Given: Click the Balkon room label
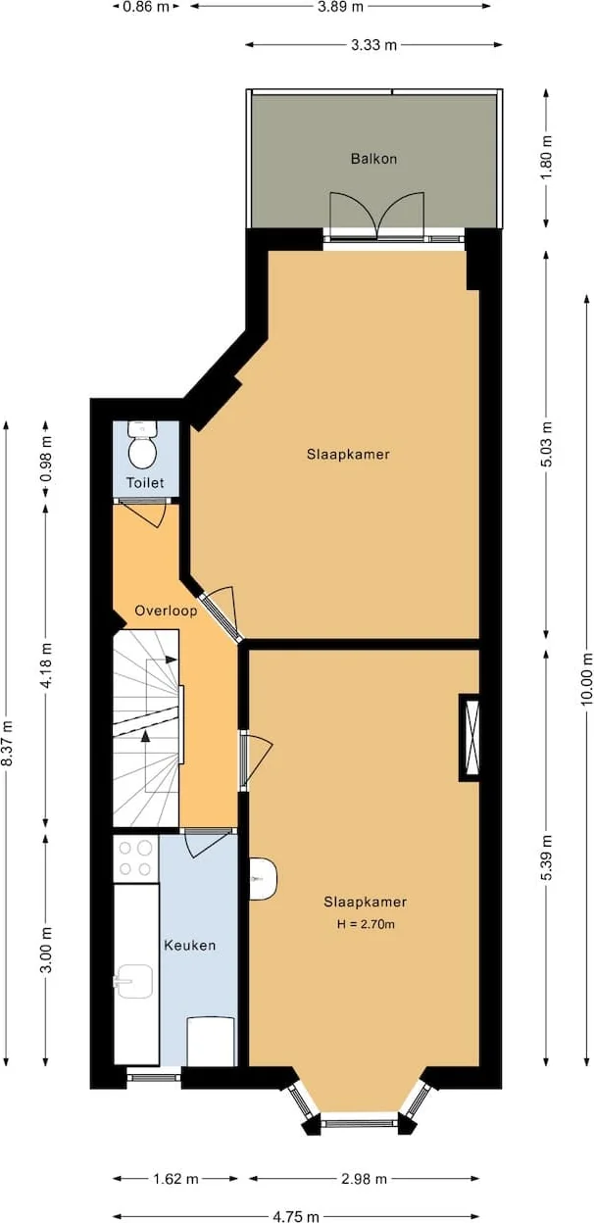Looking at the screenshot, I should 373,159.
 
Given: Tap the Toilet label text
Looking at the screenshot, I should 145,483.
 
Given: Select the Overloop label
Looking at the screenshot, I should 166,611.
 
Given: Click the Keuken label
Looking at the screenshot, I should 189,946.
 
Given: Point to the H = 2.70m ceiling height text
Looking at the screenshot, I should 365,924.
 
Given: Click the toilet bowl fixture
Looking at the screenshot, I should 144,450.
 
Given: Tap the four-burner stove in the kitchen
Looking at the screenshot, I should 136,857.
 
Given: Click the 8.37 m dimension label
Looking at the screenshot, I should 8,744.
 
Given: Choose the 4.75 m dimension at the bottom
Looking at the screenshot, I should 295,1216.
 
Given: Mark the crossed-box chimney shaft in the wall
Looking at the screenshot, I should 470,737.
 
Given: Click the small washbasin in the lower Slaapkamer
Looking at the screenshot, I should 264,879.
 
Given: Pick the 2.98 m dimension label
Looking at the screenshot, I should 364,1178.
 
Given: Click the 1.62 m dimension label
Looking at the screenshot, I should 175,1178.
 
